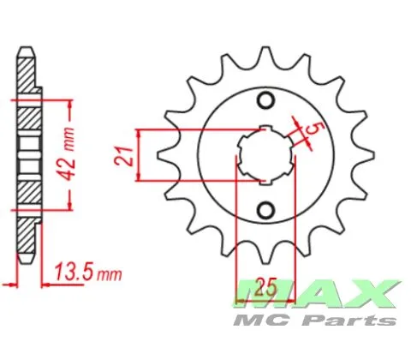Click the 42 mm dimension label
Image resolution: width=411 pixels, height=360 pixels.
68,154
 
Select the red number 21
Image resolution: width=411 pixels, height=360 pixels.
123,157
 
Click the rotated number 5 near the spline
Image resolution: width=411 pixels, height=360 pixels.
312,129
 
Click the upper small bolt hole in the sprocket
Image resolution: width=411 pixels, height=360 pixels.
266,99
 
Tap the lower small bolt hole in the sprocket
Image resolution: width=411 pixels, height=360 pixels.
266,210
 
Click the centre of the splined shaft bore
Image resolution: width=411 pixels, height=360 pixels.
266,155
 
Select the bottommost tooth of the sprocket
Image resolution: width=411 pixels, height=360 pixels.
266,255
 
